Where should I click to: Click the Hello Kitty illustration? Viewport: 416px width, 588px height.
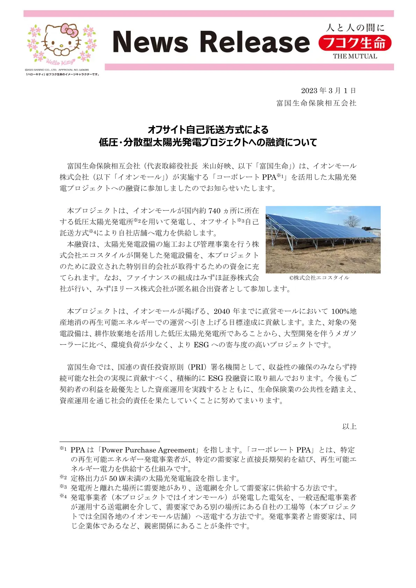[x=62, y=43]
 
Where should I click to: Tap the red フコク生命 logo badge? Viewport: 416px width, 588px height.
[x=355, y=43]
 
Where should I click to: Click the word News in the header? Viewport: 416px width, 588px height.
[x=151, y=42]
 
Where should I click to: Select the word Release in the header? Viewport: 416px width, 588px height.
[x=255, y=42]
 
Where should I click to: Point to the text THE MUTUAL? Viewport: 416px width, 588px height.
[x=355, y=56]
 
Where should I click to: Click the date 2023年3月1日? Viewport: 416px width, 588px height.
[x=328, y=91]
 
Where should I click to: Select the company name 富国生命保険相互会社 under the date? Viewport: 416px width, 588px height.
[x=316, y=103]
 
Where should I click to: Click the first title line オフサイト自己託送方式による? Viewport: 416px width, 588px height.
[x=208, y=130]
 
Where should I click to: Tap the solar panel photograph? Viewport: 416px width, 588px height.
[x=323, y=240]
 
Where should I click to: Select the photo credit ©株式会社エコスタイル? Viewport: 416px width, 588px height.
[x=319, y=278]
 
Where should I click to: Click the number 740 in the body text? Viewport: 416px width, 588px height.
[x=214, y=211]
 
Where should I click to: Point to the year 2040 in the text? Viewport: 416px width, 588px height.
[x=222, y=311]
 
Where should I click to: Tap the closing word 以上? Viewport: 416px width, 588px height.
[x=349, y=426]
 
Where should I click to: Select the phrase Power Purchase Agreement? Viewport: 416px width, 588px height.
[x=148, y=450]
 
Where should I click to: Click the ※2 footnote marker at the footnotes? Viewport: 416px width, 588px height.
[x=63, y=477]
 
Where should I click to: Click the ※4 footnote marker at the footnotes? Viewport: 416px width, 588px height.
[x=63, y=496]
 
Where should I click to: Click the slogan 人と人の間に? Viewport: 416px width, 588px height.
[x=355, y=28]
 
